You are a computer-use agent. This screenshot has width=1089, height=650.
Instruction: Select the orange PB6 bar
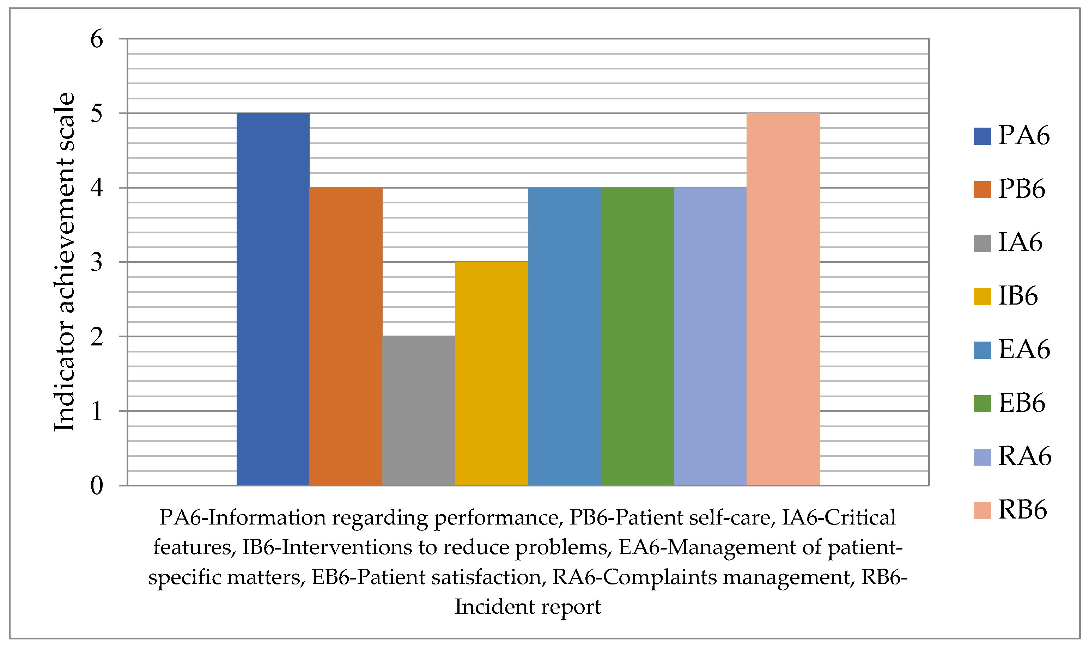[x=345, y=336]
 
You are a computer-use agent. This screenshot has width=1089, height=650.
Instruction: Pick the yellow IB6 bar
[x=491, y=373]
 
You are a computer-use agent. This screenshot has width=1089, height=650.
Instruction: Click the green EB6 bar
[x=637, y=336]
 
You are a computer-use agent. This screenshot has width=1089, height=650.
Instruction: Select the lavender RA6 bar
[x=710, y=336]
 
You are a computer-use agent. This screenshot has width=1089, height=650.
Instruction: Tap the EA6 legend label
[x=1024, y=350]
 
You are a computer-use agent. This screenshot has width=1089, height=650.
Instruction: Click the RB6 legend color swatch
[x=982, y=511]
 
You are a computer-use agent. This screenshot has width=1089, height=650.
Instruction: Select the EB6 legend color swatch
[x=982, y=403]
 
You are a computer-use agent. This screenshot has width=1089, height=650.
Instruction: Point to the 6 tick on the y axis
[x=96, y=39]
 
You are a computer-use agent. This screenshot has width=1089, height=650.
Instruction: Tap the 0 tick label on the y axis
[x=96, y=486]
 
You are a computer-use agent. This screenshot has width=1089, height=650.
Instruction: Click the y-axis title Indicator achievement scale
[x=65, y=262]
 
